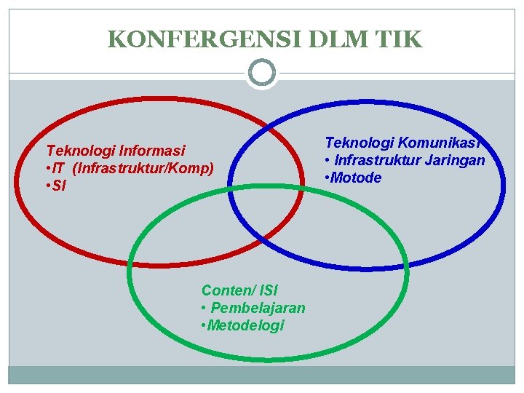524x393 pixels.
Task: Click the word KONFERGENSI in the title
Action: click(192, 39)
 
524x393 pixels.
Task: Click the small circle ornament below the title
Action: click(262, 73)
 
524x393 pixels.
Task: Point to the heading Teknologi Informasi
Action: click(116, 151)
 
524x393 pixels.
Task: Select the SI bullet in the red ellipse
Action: click(57, 187)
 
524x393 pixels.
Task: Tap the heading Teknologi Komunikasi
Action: click(405, 142)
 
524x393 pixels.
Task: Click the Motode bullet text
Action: click(356, 178)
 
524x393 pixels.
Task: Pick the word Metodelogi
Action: click(245, 325)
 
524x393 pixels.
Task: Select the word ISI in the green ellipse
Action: click(267, 290)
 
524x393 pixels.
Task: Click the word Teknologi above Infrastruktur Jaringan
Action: click(356, 142)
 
